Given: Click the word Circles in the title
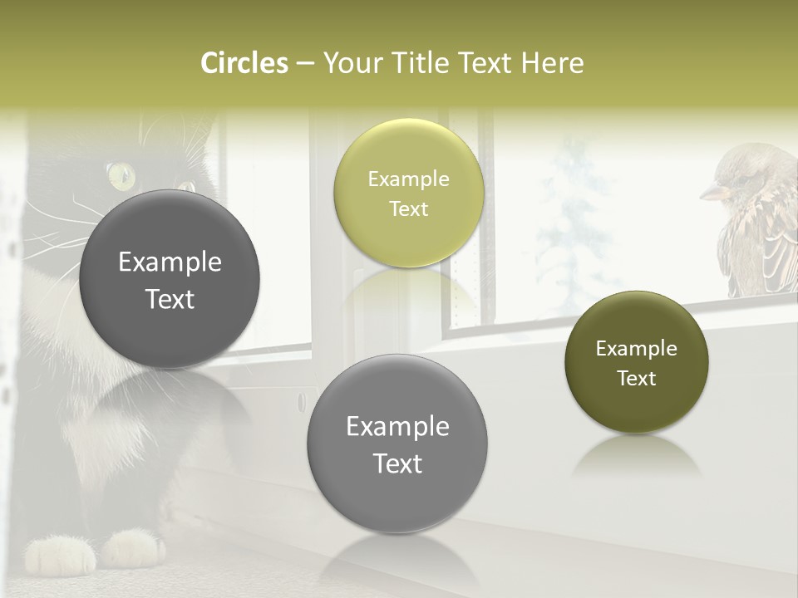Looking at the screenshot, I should [244, 63].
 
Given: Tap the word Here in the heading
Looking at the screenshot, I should [552, 63].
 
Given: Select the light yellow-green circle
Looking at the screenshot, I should [408, 193].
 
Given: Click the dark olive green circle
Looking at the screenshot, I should [636, 362].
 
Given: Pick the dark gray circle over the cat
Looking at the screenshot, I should [170, 279].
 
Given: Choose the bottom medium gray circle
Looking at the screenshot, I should [397, 444].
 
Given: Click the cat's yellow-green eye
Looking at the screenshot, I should [121, 174].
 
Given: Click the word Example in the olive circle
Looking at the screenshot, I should [636, 349].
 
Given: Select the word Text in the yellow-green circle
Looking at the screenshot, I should [408, 208].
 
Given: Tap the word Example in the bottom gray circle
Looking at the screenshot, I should [397, 427].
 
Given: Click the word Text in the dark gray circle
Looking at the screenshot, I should [170, 299].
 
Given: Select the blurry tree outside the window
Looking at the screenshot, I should [574, 216].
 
